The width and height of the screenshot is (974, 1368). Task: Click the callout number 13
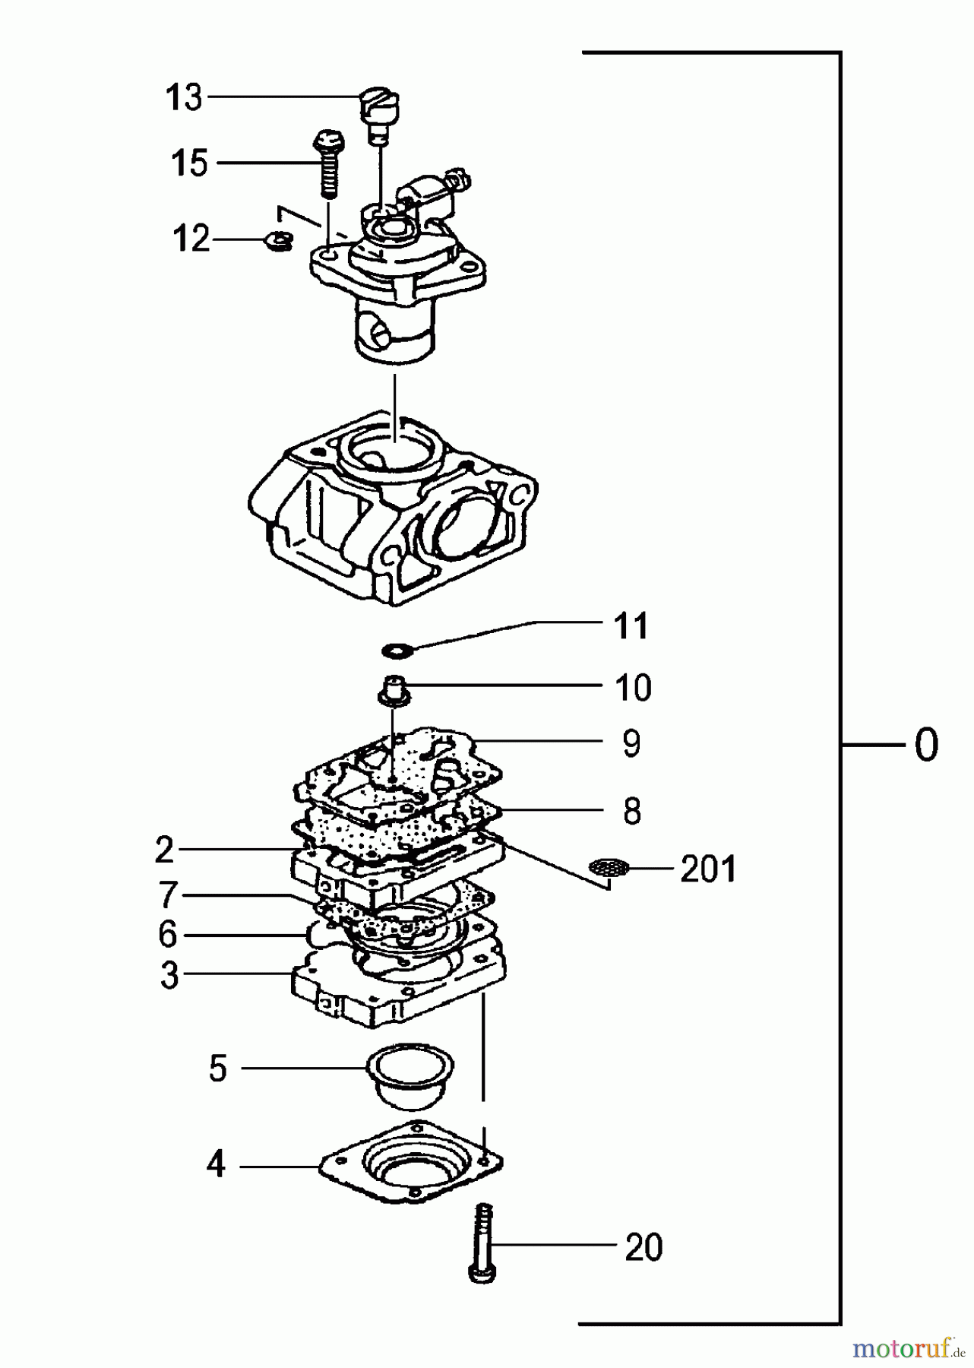click(x=185, y=98)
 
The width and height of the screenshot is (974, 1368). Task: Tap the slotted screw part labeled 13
click(x=379, y=109)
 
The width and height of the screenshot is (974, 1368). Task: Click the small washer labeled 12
click(x=278, y=240)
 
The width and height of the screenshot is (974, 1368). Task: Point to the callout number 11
click(x=631, y=626)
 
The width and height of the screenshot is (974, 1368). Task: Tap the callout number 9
click(x=631, y=743)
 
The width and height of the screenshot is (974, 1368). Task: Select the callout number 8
click(x=631, y=811)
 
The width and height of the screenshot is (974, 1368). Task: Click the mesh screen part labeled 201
click(x=609, y=867)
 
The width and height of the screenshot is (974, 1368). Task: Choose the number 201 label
click(x=708, y=869)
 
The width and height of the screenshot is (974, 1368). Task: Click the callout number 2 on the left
click(x=164, y=850)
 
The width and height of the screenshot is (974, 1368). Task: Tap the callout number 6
click(x=167, y=934)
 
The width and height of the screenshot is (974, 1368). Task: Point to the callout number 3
click(x=169, y=975)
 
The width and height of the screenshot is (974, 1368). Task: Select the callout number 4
click(x=216, y=1164)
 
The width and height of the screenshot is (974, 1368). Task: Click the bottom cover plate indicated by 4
click(x=411, y=1164)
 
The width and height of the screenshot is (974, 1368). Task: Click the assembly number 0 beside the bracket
click(x=926, y=746)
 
